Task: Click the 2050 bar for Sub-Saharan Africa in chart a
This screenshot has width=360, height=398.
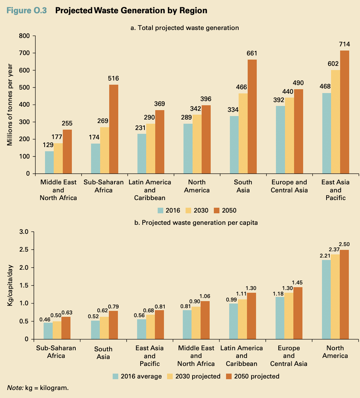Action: [x=113, y=129]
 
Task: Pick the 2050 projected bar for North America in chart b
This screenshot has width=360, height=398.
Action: [x=344, y=294]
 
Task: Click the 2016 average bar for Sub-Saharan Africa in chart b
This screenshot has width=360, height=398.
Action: [x=48, y=331]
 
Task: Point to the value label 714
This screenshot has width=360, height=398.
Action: [x=344, y=45]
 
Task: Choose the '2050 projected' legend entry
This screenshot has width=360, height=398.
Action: [x=253, y=376]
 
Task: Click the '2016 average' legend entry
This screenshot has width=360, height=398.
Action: [x=137, y=376]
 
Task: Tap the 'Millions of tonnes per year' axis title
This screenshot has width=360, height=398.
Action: [x=10, y=105]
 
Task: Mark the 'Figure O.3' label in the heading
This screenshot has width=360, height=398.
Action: [x=27, y=11]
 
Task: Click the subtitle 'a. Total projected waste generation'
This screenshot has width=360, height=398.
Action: [x=185, y=28]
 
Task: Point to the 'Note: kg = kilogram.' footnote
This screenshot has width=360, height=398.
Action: [x=38, y=388]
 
